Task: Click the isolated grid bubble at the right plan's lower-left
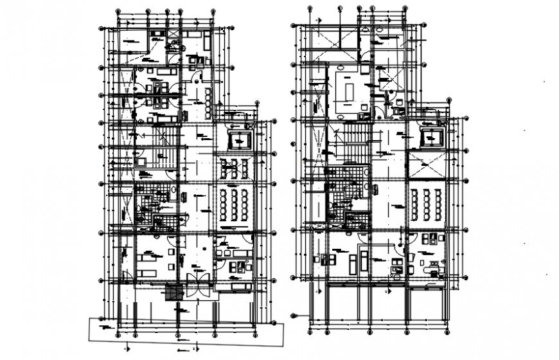point(294,316)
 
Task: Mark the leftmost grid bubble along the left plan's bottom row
point(118,334)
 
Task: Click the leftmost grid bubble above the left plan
point(118,11)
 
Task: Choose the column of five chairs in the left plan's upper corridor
point(208,102)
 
